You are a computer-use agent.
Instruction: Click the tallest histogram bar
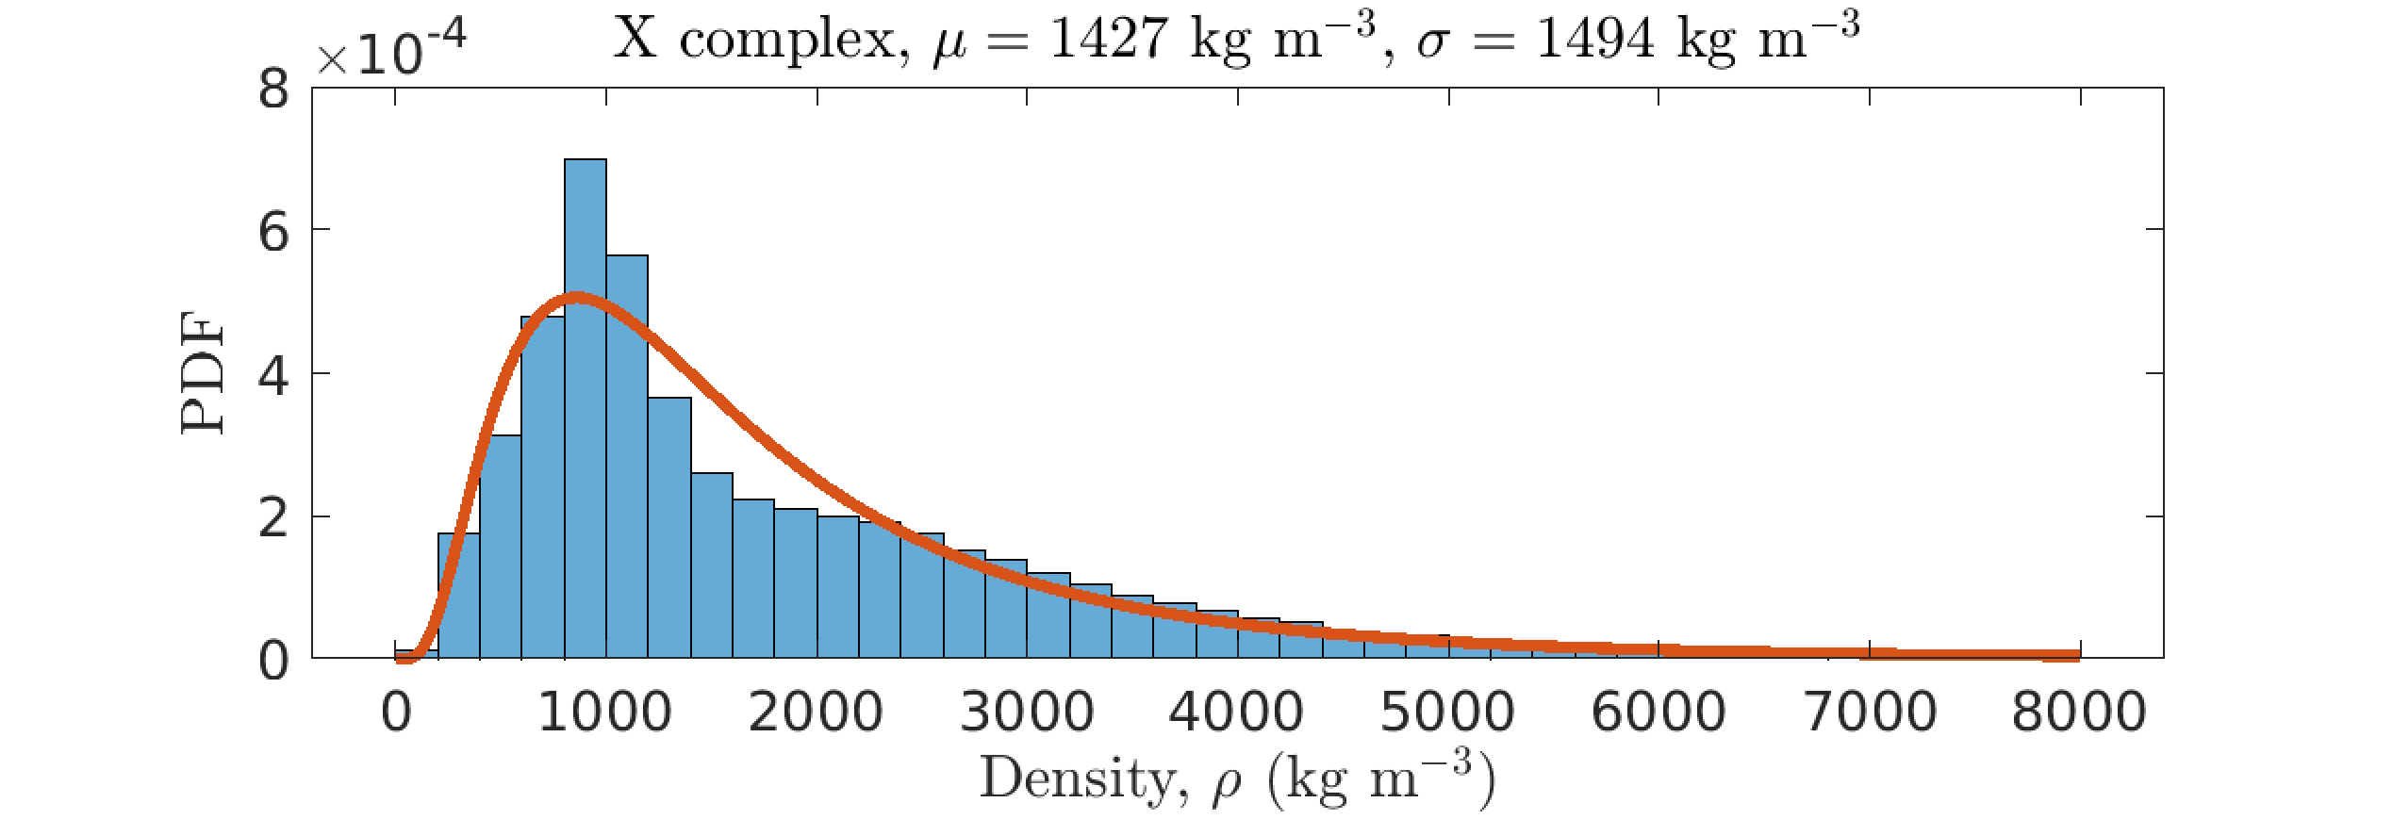(x=585, y=405)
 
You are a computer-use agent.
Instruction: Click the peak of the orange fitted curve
(x=577, y=299)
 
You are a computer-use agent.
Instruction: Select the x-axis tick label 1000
(x=604, y=713)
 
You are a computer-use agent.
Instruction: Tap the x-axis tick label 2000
(x=816, y=713)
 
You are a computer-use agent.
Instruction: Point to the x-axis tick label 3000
(x=1027, y=713)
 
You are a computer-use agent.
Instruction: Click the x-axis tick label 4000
(x=1237, y=713)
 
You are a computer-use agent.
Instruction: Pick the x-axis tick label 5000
(x=1448, y=713)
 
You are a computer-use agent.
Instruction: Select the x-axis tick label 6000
(x=1659, y=713)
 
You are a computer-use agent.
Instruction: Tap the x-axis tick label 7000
(x=1870, y=713)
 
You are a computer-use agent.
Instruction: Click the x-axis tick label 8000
(x=2080, y=713)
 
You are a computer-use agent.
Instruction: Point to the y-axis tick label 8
(x=273, y=90)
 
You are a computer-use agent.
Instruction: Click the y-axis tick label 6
(x=273, y=232)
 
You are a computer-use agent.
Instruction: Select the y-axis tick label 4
(x=273, y=375)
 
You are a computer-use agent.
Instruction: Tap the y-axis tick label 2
(x=273, y=518)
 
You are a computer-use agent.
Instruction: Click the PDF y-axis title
(x=203, y=373)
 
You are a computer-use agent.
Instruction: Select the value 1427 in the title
(x=1108, y=40)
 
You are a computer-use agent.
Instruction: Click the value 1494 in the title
(x=1594, y=40)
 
